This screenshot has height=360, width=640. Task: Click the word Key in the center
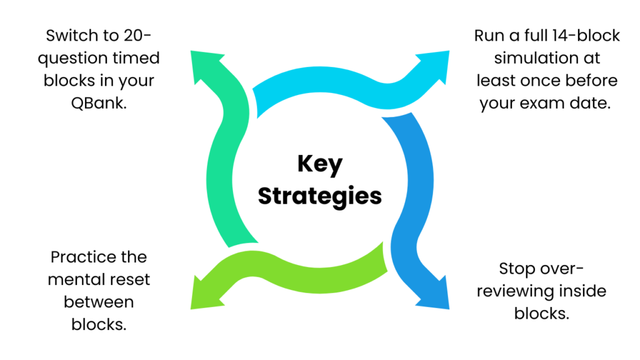[319, 165]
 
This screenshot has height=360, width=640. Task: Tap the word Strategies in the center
[319, 196]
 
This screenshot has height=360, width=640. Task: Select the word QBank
[99, 104]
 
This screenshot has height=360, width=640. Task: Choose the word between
[99, 302]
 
